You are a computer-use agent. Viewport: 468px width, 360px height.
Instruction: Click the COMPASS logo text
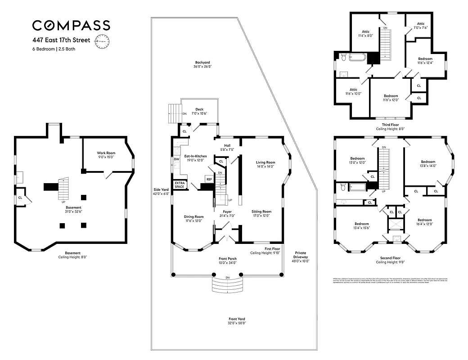[71, 25]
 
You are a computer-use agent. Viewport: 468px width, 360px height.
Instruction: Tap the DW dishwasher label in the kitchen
[176, 159]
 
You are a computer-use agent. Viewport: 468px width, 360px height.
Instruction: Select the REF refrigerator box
[209, 179]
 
